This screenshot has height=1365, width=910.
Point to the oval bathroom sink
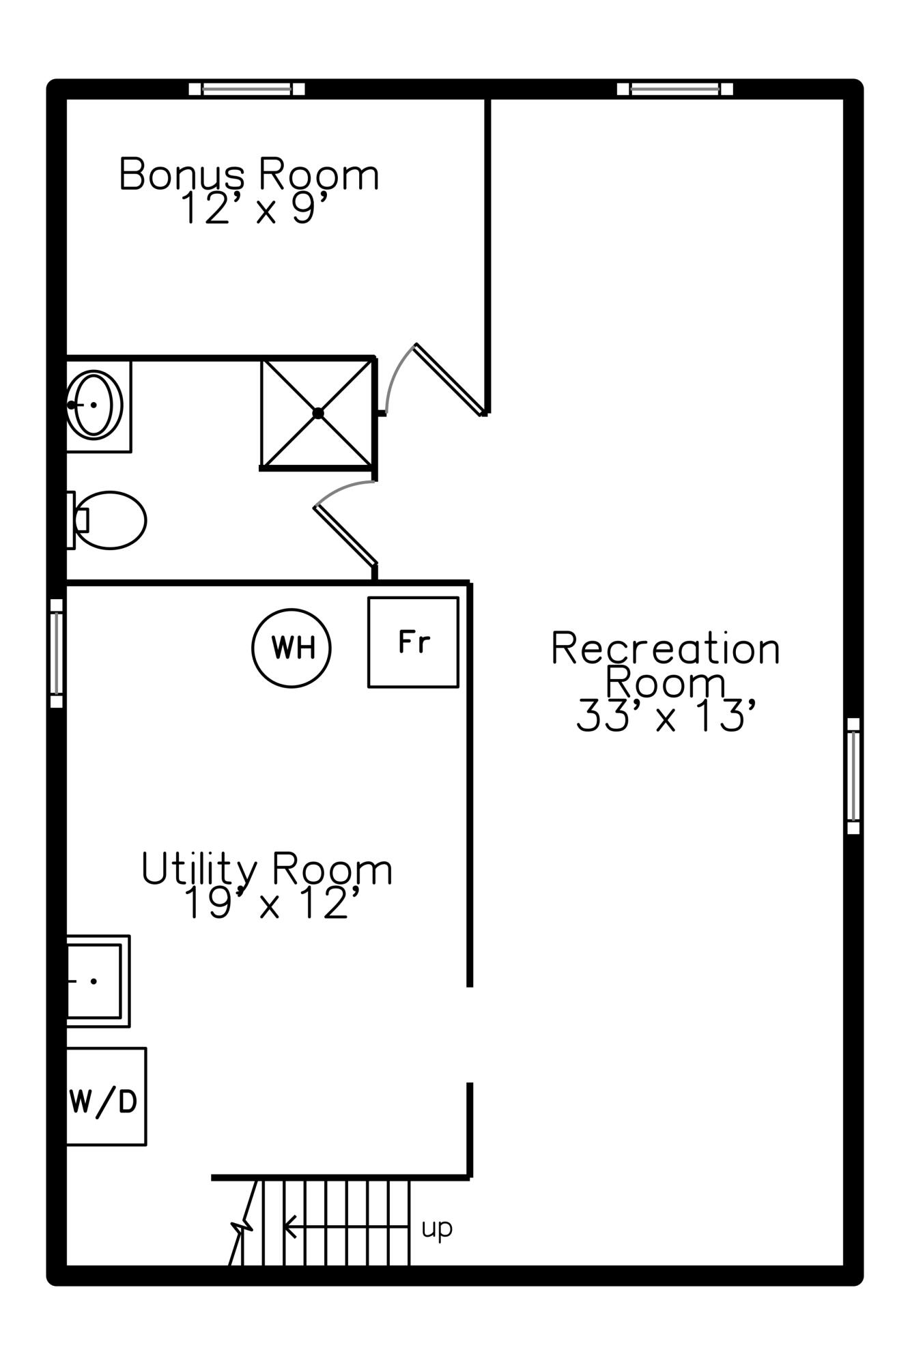[95, 405]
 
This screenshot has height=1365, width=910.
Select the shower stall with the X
[318, 414]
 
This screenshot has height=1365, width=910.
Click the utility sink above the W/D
[98, 981]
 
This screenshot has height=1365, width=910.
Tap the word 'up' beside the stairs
[437, 1228]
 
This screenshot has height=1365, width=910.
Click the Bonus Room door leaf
[450, 379]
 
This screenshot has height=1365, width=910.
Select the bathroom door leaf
[345, 536]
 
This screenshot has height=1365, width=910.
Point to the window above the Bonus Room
[246, 89]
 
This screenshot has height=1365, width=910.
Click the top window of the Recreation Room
[675, 89]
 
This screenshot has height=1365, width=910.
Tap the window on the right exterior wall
[853, 775]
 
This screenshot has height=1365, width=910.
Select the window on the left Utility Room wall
[57, 653]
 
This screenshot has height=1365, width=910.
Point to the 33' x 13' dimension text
[666, 715]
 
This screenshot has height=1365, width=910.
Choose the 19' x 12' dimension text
[271, 904]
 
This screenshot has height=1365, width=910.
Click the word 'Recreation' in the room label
[666, 648]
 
